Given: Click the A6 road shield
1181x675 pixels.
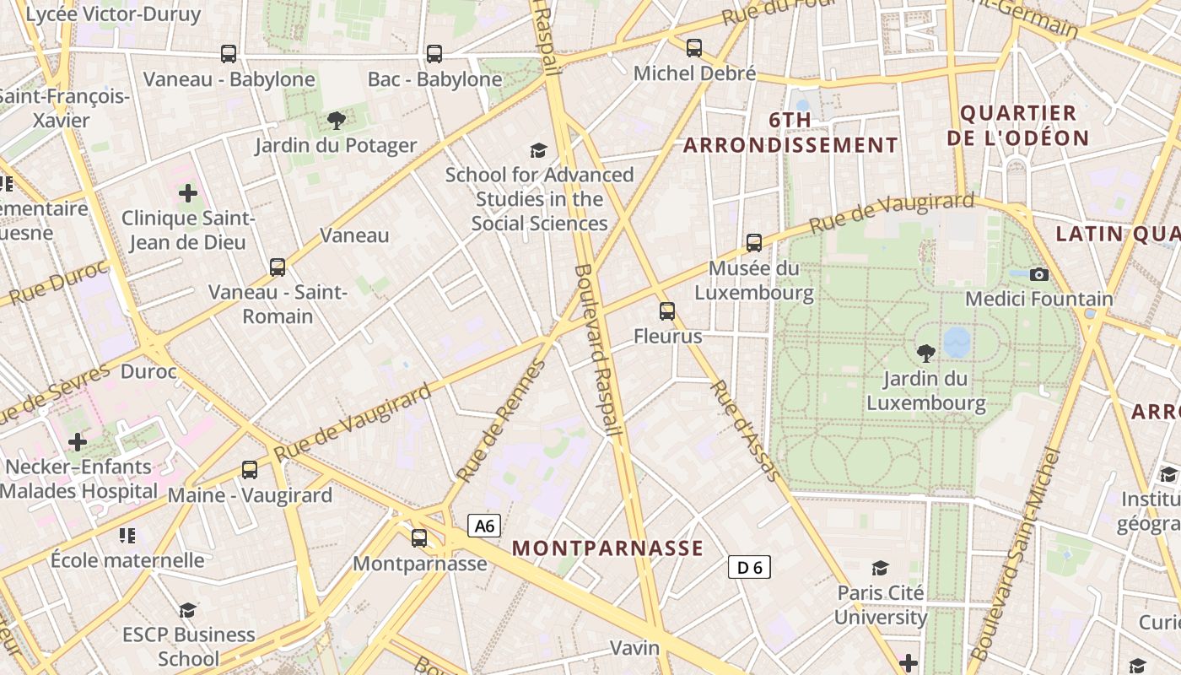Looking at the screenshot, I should (484, 526).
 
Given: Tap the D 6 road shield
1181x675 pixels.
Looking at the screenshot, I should (749, 568).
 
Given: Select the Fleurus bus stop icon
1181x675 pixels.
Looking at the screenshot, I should (667, 311).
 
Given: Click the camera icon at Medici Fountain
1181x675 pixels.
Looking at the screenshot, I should (1039, 274).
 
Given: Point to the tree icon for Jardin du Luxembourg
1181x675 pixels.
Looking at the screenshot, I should (925, 354).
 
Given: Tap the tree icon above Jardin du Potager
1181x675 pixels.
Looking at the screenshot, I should (336, 121).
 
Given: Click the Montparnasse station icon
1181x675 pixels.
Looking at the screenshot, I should (419, 538).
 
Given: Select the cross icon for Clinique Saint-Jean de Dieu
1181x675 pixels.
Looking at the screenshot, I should (188, 194).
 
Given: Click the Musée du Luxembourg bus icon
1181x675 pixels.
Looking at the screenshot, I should (754, 243).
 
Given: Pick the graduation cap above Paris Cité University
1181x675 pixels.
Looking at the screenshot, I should (881, 568).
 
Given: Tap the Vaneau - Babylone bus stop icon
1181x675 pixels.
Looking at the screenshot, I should (229, 54).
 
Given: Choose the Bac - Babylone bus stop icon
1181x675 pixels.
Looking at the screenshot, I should (434, 54).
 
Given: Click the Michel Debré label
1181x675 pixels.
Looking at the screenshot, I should (694, 73).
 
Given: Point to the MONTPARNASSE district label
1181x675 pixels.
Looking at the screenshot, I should (607, 548).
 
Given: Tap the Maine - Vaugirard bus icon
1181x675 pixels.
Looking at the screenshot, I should (250, 470).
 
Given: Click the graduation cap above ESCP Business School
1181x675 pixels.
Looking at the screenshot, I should (188, 610).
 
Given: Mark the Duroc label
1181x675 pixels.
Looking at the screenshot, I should (148, 371).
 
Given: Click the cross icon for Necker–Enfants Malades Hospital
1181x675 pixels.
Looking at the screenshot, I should (78, 441).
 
